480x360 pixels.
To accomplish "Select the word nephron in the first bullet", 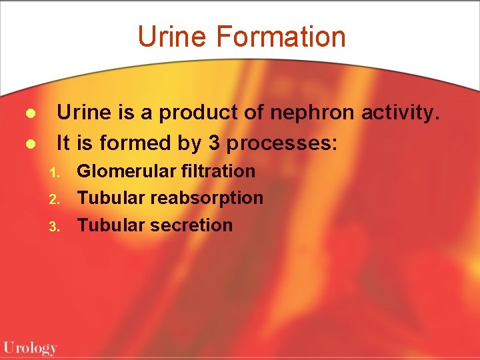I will [313, 113].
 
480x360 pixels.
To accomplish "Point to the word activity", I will [401, 113].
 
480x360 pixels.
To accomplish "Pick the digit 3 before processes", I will [253, 143].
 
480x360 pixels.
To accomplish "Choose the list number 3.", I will [55, 227].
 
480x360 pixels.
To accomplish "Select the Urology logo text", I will [30, 347].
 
